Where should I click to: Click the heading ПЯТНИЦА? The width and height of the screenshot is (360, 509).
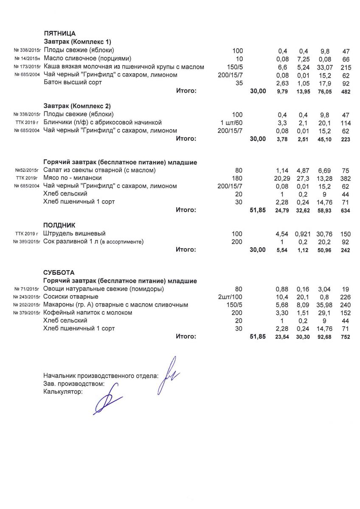60,34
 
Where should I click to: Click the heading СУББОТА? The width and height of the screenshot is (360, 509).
59,273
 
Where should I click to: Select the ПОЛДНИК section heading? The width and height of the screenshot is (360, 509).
59,225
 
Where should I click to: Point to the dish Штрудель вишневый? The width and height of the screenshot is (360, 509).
74,234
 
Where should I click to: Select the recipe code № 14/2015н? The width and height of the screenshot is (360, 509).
27,59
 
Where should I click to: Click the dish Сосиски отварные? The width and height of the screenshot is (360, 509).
71,297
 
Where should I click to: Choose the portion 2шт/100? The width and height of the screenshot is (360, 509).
230,297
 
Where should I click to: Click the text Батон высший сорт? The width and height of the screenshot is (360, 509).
73,83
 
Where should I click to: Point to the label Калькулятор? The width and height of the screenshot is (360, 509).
63,392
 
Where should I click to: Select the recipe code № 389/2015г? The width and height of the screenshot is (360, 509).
27,242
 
